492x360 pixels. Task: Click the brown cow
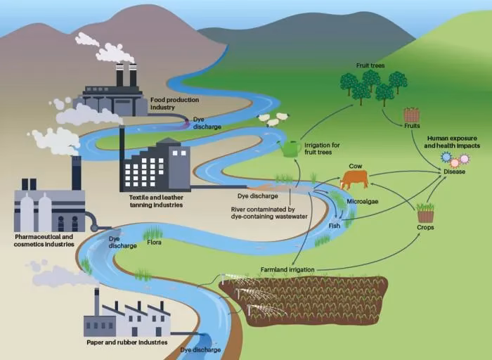(354, 179)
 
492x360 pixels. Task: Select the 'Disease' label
(454, 172)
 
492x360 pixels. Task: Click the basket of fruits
(411, 115)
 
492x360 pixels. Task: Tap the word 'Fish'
(334, 226)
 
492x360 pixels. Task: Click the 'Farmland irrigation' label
(287, 269)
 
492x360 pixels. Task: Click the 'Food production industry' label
(174, 104)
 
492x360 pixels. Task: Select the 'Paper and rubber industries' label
(127, 342)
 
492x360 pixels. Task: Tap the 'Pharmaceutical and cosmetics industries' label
(44, 241)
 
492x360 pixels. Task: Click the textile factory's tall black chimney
(122, 151)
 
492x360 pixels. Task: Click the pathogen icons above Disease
(454, 159)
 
